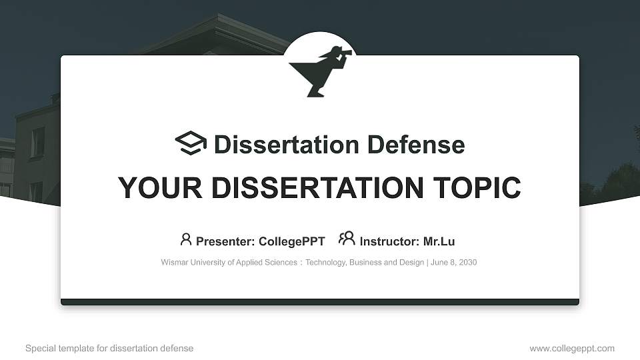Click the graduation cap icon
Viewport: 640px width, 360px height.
point(191,143)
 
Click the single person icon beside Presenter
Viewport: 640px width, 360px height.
point(186,239)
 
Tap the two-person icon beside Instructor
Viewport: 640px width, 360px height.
point(347,239)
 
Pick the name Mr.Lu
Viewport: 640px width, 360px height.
point(439,241)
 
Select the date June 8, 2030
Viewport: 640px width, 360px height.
point(453,263)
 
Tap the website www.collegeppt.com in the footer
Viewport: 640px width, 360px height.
point(572,348)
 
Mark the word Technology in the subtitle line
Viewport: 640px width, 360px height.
point(325,263)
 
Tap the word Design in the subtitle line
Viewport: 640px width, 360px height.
point(411,263)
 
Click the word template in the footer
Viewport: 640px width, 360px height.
point(73,348)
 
